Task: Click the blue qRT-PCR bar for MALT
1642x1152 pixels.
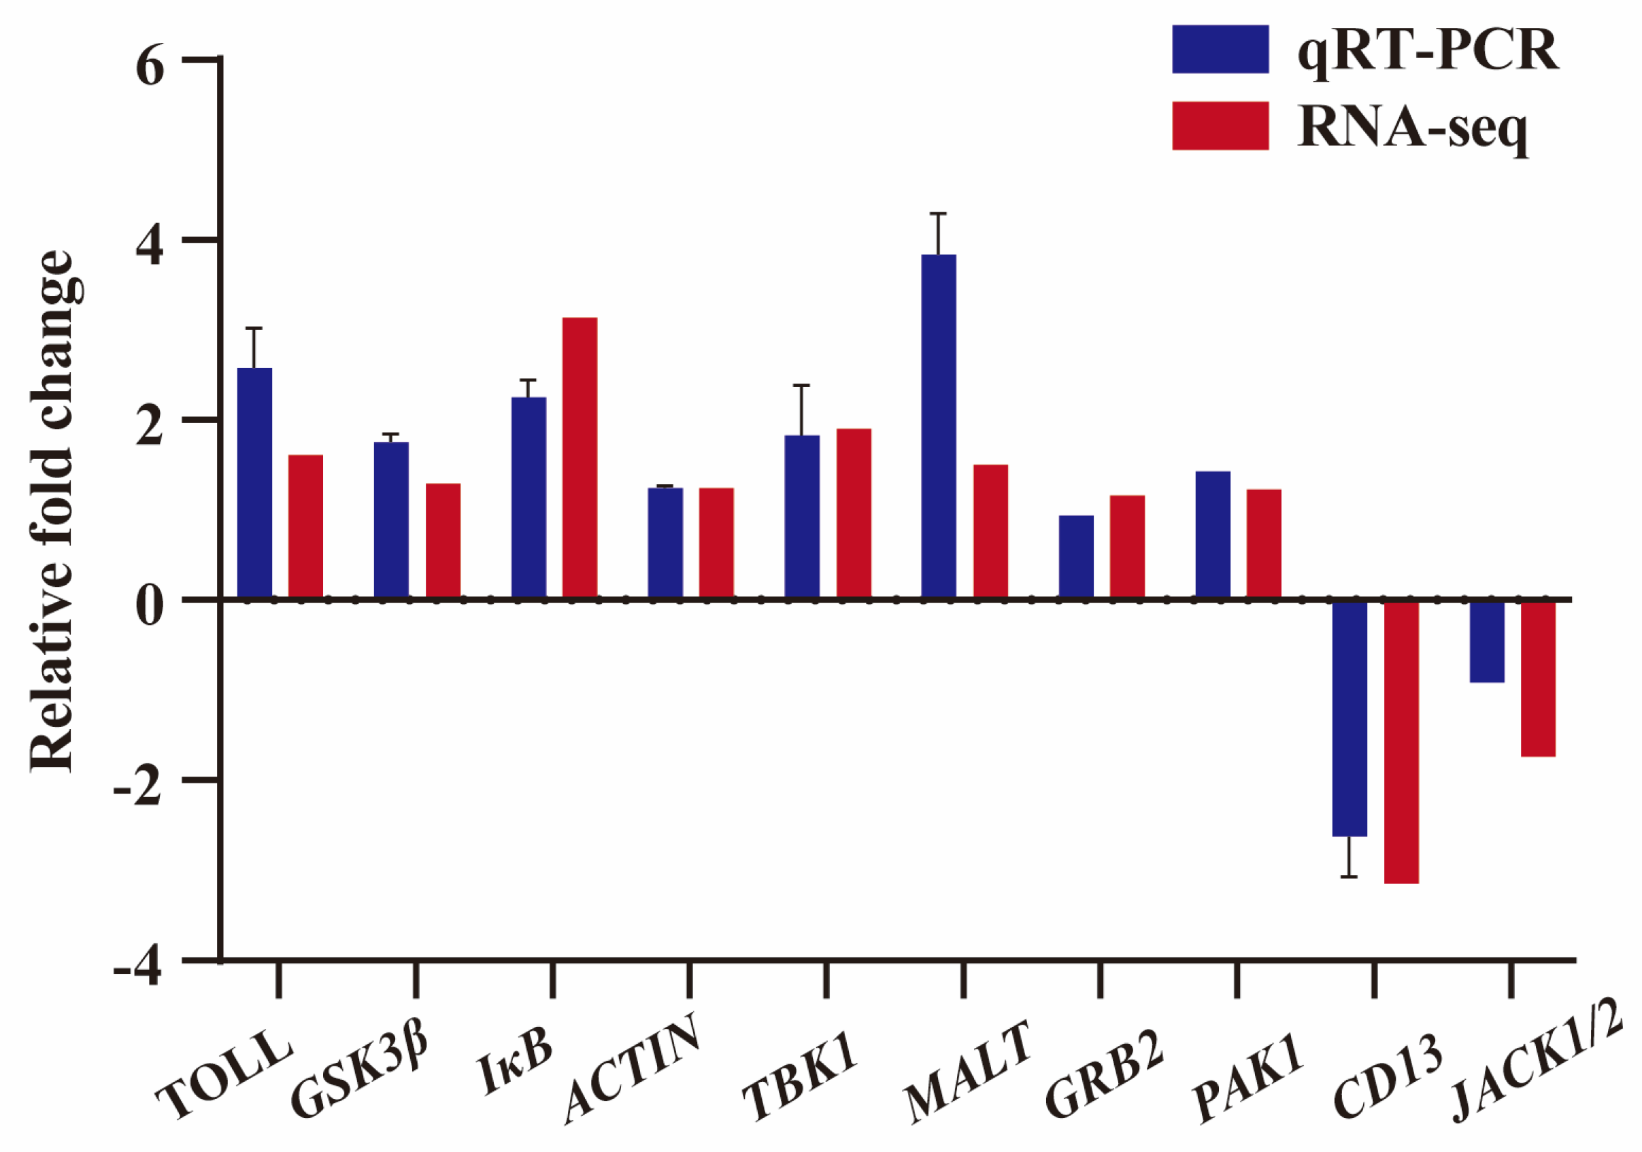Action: pyautogui.click(x=937, y=426)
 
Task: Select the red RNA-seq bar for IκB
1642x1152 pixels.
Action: pyautogui.click(x=580, y=458)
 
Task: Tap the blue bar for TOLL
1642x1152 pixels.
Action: pyautogui.click(x=254, y=483)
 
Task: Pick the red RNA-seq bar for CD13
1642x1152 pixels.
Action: pyautogui.click(x=1401, y=741)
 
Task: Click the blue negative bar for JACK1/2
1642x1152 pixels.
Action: pyautogui.click(x=1486, y=641)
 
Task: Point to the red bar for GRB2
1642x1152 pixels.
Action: pyautogui.click(x=1127, y=547)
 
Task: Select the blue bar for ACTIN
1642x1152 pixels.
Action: pyautogui.click(x=665, y=543)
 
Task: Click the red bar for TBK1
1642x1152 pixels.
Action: pyautogui.click(x=853, y=513)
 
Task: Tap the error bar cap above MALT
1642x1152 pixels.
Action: pyautogui.click(x=937, y=214)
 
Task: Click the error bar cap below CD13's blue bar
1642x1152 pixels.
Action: pyautogui.click(x=1349, y=877)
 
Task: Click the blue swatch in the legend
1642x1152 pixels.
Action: pyautogui.click(x=1220, y=49)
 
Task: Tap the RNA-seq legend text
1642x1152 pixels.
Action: pyautogui.click(x=1413, y=129)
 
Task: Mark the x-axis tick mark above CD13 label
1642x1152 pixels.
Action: pyautogui.click(x=1374, y=979)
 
